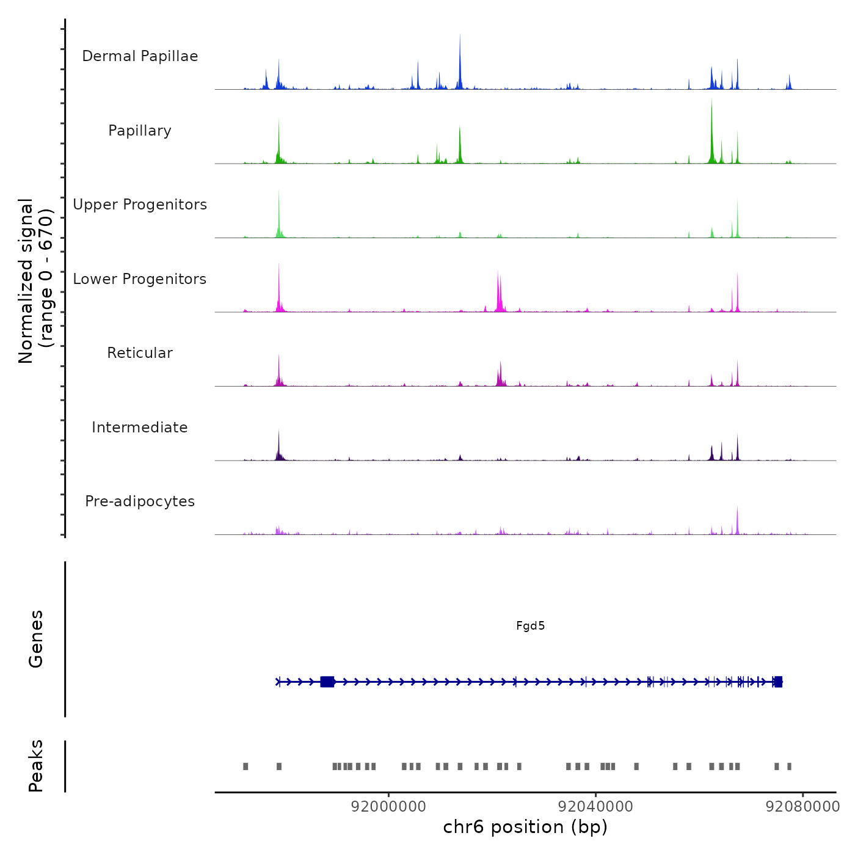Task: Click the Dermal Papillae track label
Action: (x=140, y=56)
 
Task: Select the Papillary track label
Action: (x=140, y=131)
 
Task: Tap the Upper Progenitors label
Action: (x=140, y=205)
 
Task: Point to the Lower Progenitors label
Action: (x=140, y=279)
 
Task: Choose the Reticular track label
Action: (x=140, y=353)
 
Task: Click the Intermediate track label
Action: (x=140, y=428)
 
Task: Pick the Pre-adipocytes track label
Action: (x=140, y=501)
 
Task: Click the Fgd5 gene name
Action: (x=530, y=626)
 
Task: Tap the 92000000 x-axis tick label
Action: (x=388, y=807)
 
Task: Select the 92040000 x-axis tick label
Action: (x=595, y=807)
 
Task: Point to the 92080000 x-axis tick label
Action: (x=802, y=807)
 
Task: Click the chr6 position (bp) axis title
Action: (x=525, y=828)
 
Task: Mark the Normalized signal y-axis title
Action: (x=35, y=281)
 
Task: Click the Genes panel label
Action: (x=36, y=639)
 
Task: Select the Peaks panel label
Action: (x=36, y=766)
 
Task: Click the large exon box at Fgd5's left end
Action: (x=327, y=682)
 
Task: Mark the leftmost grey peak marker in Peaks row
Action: (x=246, y=766)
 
